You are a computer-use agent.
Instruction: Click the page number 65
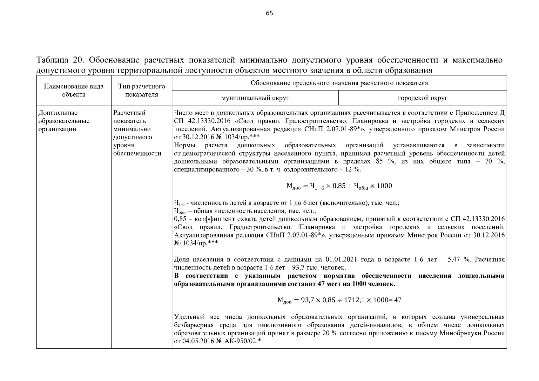(269, 13)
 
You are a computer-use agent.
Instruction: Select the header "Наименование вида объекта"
(74, 90)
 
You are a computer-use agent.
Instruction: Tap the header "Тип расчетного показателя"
(141, 90)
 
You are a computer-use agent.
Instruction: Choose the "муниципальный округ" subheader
(255, 98)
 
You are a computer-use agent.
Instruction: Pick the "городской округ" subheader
(422, 98)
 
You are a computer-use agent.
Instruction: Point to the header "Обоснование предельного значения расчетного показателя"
(339, 83)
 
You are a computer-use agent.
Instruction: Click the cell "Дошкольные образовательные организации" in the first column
(64, 121)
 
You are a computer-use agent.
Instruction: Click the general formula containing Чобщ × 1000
(339, 186)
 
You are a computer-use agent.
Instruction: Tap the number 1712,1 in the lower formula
(354, 300)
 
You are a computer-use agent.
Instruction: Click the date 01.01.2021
(341, 259)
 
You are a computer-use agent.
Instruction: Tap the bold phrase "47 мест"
(330, 284)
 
